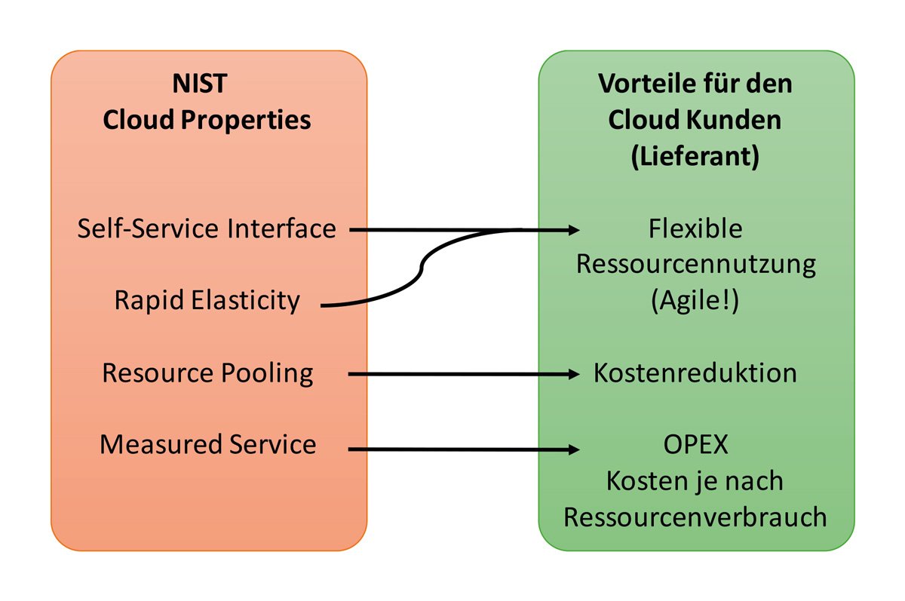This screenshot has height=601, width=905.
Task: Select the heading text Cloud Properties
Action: tap(207, 119)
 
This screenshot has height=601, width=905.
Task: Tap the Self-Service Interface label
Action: tap(207, 228)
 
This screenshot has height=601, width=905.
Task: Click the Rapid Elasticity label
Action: tap(207, 301)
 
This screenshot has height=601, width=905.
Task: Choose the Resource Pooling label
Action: tap(208, 373)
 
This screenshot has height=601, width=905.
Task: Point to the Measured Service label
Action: tap(207, 444)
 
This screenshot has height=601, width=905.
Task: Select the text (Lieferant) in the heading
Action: tap(695, 156)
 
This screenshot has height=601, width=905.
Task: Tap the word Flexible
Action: tap(695, 228)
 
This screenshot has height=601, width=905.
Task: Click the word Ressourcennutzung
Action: tap(695, 265)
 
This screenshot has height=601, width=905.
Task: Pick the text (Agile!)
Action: tap(695, 301)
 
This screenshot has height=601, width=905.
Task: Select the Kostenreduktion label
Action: tap(695, 373)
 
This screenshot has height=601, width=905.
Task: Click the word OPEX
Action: tap(695, 444)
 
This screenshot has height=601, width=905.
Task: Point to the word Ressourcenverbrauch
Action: tap(695, 517)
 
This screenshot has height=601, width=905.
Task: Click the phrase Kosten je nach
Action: tap(695, 481)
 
